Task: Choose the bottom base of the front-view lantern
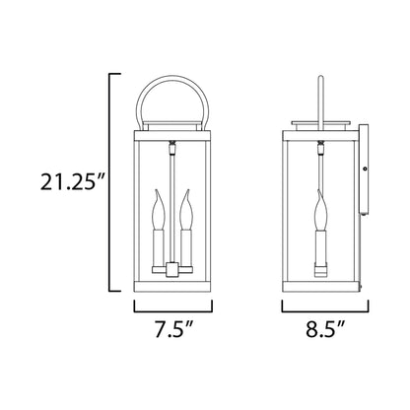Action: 170,291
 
